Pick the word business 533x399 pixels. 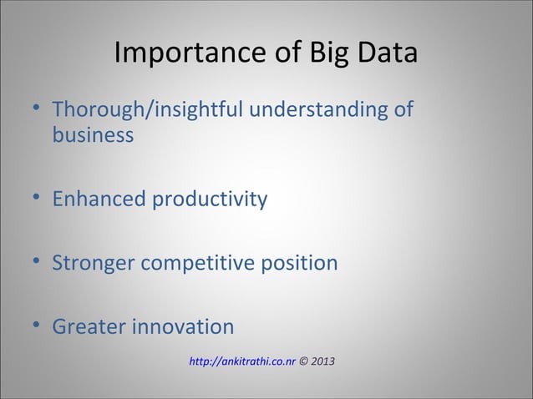[x=93, y=135]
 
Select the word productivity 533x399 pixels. [x=208, y=199]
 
